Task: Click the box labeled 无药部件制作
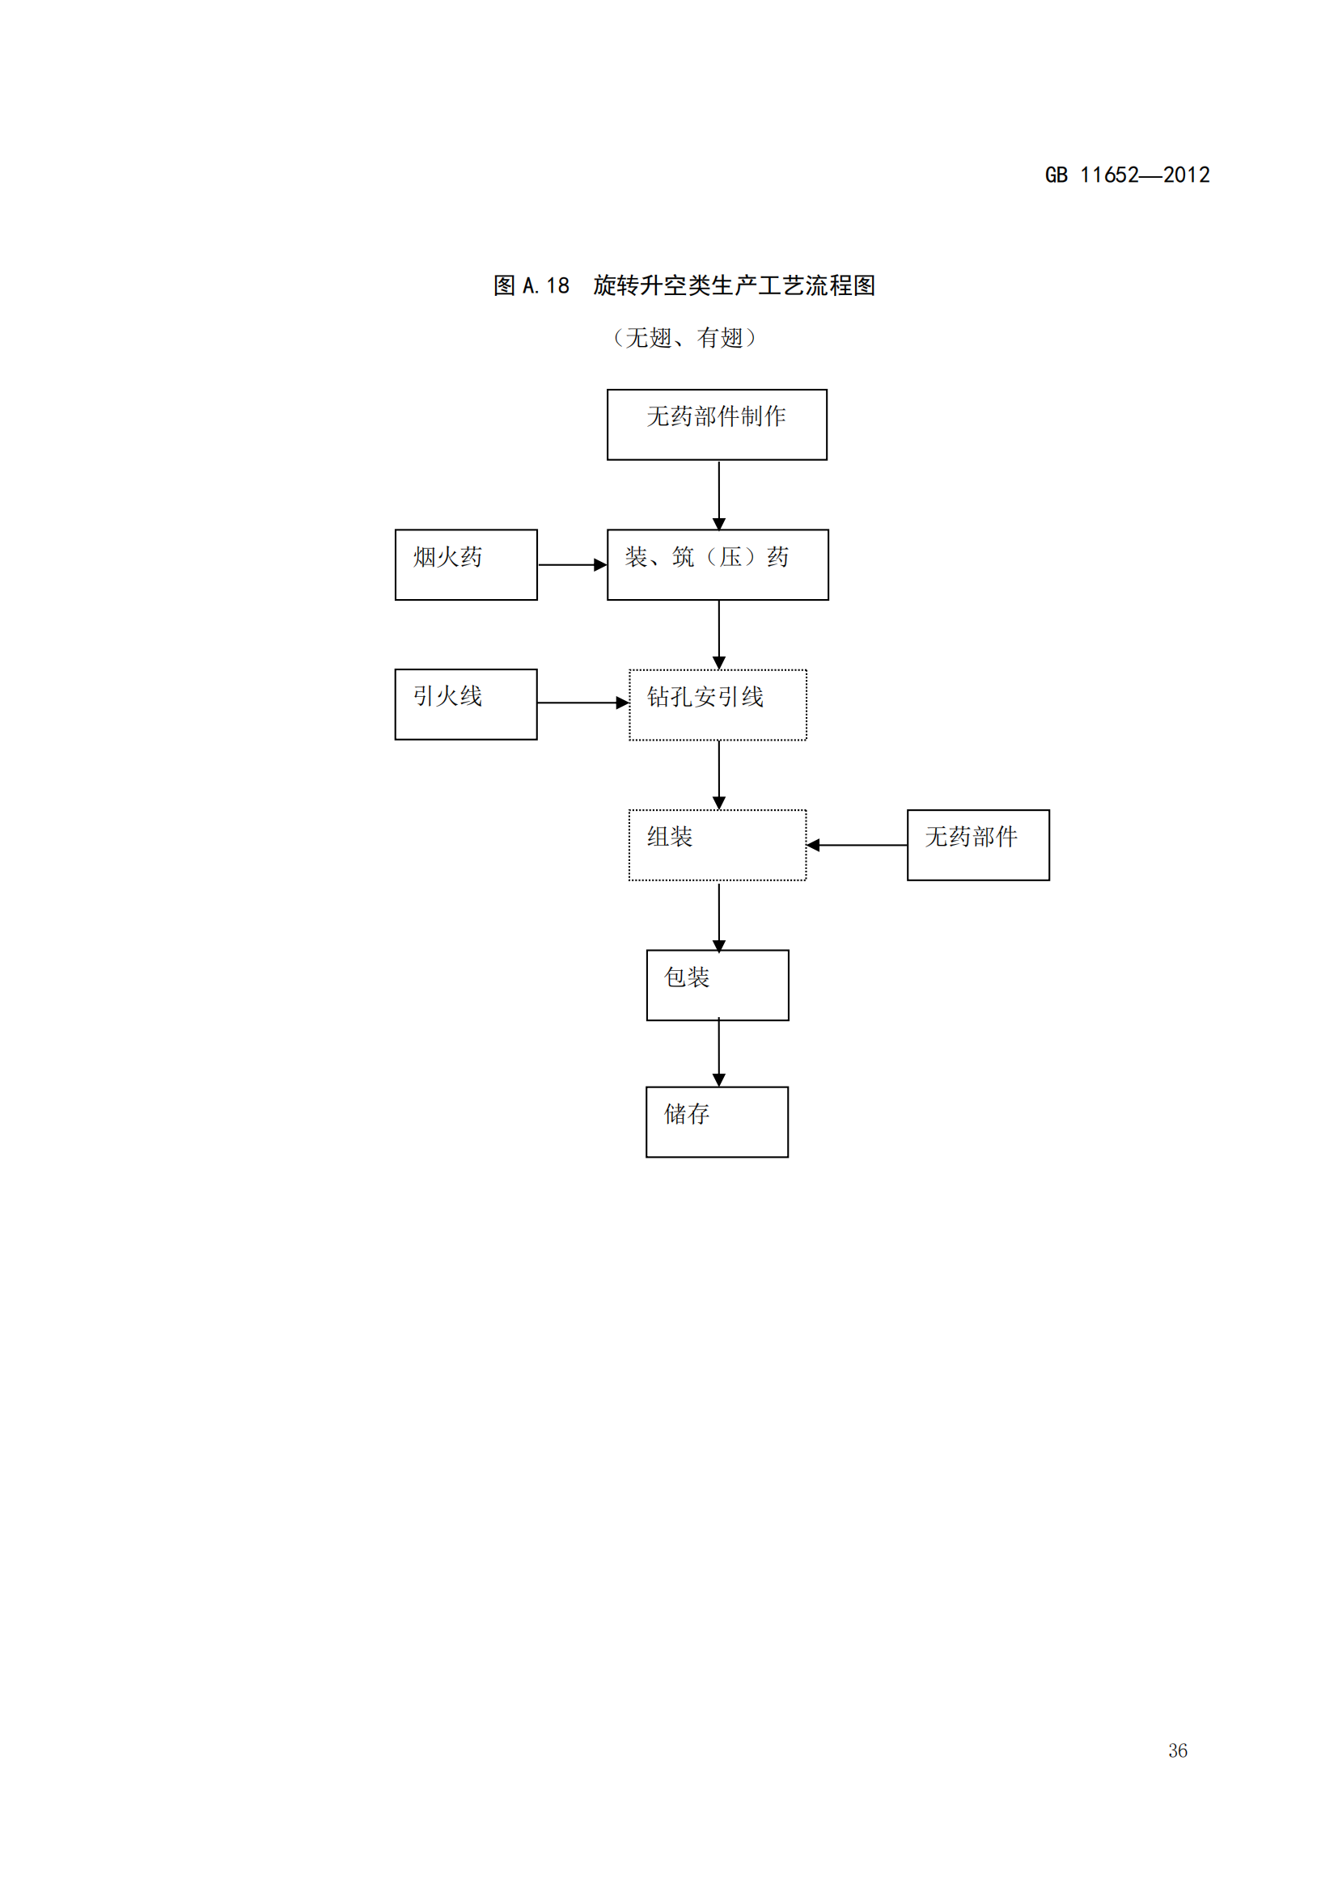coord(717,424)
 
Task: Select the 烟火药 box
coord(465,564)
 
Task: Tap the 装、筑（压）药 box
coord(717,564)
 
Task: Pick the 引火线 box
coord(465,704)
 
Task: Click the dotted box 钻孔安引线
coord(717,704)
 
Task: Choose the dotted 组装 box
coord(717,845)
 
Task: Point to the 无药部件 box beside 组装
coord(978,845)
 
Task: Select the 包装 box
coord(717,985)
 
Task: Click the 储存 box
coord(717,1122)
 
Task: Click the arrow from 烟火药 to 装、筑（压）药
coord(572,565)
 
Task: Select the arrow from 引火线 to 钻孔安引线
coord(582,703)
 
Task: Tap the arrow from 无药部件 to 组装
coord(856,845)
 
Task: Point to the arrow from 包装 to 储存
coord(718,1053)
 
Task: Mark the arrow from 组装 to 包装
coord(718,916)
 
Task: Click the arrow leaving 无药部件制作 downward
coord(718,494)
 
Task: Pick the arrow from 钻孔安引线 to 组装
coord(718,775)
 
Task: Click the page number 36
coord(1177,1751)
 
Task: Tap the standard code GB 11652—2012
coord(1126,175)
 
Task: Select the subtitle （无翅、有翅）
coord(684,338)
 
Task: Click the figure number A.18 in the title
coord(545,285)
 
